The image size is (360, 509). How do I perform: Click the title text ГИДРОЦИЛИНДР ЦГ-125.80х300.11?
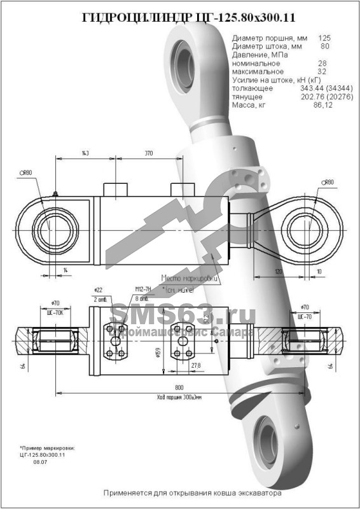click(180, 18)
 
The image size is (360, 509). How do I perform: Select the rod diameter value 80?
click(324, 46)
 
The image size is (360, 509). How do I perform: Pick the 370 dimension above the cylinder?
click(149, 154)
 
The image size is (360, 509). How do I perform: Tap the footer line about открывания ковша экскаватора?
click(191, 492)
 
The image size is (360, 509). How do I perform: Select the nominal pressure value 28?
click(322, 64)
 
